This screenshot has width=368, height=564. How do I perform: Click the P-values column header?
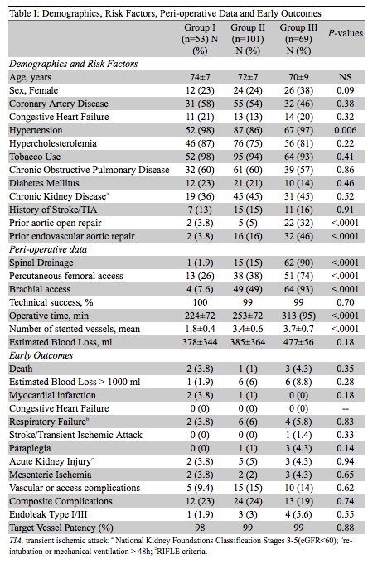tap(346, 33)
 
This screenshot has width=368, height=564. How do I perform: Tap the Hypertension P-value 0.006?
tap(346, 130)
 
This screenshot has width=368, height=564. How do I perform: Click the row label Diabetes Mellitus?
tap(44, 183)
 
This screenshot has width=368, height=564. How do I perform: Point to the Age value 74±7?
tap(200, 77)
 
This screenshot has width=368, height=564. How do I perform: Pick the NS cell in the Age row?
tap(346, 77)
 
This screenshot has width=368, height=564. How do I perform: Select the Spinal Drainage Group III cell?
tap(298, 263)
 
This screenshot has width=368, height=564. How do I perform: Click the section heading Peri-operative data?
tap(48, 249)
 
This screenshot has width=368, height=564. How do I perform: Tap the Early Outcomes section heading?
tap(41, 355)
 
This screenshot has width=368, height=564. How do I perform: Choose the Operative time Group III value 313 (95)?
tap(298, 316)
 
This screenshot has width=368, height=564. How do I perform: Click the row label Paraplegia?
tap(30, 448)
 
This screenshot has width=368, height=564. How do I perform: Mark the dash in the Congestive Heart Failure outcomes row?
tap(346, 409)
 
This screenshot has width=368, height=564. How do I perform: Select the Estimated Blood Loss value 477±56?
tap(298, 342)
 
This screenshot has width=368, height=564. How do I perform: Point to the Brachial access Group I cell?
tap(200, 289)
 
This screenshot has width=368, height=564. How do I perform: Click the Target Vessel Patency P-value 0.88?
tap(346, 528)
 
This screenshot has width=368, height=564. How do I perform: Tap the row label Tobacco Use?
tap(35, 157)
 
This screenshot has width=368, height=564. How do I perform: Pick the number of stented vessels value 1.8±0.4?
tap(200, 329)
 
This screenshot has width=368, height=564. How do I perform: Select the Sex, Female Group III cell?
tap(298, 90)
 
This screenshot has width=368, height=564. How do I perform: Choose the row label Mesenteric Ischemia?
tap(51, 475)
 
